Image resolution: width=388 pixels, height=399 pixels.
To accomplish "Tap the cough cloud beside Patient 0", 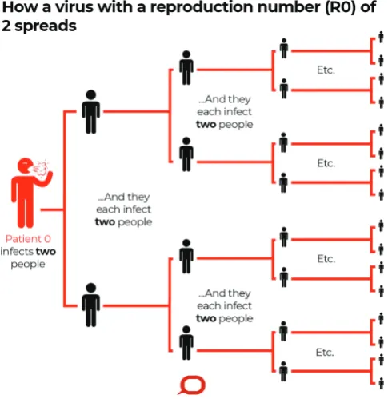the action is click(41, 168).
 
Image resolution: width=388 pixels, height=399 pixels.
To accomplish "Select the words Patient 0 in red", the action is click(28, 239).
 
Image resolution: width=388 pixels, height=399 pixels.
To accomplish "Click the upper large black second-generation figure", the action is click(91, 112).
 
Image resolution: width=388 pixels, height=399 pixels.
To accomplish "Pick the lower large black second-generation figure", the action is click(91, 305).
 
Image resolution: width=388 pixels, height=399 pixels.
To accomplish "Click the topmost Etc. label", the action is click(326, 70).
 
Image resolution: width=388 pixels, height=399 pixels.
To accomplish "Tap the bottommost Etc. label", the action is click(325, 353).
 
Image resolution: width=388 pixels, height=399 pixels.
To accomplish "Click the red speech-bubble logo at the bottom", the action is click(192, 385).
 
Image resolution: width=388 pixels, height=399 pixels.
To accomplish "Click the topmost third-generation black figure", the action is click(284, 49).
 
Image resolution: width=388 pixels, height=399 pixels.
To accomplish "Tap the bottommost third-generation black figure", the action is click(283, 371).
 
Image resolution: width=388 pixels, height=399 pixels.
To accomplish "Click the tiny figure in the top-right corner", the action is click(382, 37).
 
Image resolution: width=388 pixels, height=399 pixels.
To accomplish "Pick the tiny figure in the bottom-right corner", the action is click(382, 383).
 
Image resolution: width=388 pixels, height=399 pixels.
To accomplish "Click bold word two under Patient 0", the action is click(46, 252).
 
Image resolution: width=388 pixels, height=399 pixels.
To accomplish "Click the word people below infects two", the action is click(28, 265).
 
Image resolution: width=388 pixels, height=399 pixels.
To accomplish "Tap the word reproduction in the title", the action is click(202, 7).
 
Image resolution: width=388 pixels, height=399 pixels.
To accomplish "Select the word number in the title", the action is click(289, 7).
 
